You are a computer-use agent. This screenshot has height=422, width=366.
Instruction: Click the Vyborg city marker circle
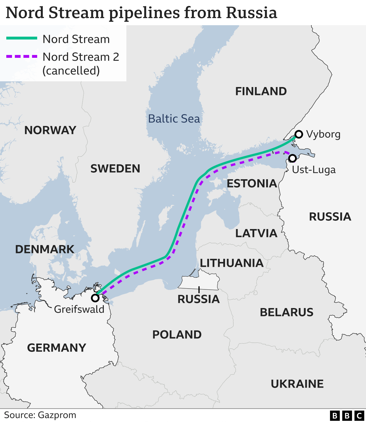click(x=299, y=134)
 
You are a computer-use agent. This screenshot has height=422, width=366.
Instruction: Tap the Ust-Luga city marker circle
click(x=293, y=158)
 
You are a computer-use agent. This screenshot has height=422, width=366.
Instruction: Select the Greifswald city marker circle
click(x=95, y=298)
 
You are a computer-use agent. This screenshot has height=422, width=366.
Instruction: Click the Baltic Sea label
click(x=174, y=119)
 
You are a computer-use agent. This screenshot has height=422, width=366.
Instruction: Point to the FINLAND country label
click(x=261, y=91)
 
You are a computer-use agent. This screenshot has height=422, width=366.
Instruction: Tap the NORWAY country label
click(x=50, y=130)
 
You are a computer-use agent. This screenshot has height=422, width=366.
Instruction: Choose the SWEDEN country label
click(x=115, y=169)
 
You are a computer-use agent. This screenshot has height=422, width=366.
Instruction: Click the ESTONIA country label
click(x=252, y=184)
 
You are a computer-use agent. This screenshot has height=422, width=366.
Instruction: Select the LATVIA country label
click(x=256, y=233)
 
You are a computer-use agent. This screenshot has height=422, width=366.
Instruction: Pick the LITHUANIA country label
click(x=232, y=263)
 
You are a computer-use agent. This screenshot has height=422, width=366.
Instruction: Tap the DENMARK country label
click(x=45, y=249)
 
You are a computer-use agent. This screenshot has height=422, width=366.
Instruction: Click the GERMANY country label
click(x=57, y=348)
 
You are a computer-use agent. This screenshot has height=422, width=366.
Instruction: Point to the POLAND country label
click(x=177, y=335)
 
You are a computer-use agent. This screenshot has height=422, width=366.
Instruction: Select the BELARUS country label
click(x=287, y=312)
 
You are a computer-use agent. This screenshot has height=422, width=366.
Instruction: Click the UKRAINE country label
click(x=297, y=384)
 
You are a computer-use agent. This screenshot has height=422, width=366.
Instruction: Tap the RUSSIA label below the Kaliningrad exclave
click(x=199, y=299)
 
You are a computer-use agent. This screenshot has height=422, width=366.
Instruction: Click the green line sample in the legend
click(x=22, y=38)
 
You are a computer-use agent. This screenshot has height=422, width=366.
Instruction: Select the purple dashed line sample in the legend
click(x=22, y=56)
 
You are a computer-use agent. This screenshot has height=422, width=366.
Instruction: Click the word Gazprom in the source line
click(x=57, y=415)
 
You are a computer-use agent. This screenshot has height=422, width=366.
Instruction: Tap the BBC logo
click(x=347, y=415)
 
